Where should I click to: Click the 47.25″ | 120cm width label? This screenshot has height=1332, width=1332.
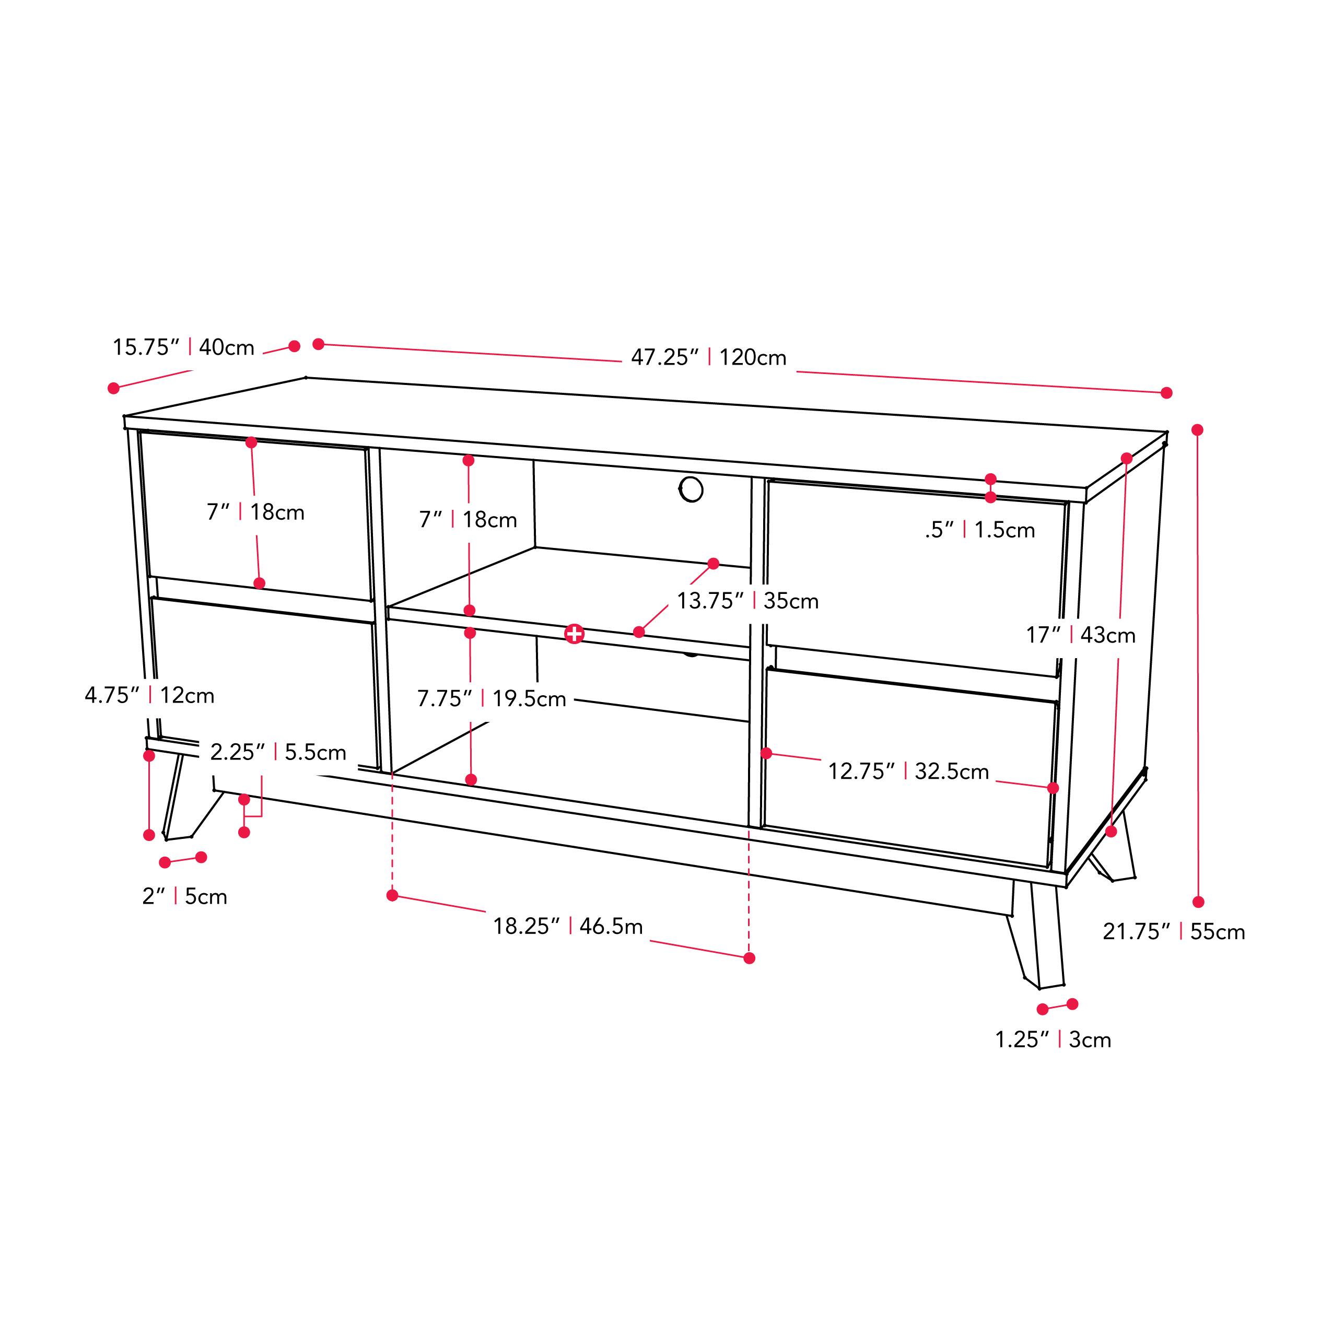[709, 357]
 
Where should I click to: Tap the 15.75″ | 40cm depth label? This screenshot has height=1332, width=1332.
[183, 347]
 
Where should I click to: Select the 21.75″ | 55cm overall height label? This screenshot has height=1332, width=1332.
[1173, 931]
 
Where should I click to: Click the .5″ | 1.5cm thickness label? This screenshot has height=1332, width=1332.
[980, 530]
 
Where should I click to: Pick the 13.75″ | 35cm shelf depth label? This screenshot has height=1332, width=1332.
[747, 601]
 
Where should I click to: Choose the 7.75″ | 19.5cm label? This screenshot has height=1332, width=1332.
[492, 698]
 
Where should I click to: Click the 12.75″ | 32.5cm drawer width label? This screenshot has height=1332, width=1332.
[908, 771]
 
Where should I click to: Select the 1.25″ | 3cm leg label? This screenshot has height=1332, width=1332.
[1053, 1039]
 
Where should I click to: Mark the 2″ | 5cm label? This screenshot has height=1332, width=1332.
[184, 896]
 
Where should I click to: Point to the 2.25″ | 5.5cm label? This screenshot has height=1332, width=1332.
[278, 752]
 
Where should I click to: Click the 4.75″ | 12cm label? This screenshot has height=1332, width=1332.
[149, 695]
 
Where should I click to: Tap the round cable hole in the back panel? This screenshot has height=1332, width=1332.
[691, 489]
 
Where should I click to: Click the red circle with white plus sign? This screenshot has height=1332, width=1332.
[574, 634]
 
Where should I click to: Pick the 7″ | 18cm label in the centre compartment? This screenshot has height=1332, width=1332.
[468, 519]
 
